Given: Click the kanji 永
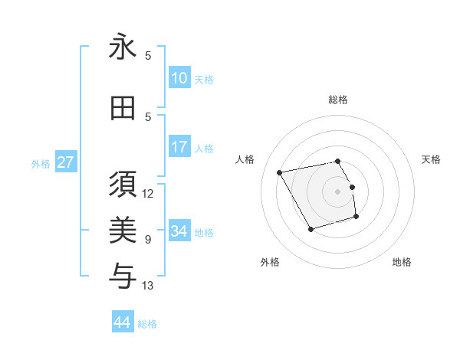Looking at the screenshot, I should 123,47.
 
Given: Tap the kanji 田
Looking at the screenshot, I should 123,109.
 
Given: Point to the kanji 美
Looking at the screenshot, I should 123,229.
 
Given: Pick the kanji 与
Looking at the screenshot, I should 123,273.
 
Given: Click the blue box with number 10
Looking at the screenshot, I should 179,78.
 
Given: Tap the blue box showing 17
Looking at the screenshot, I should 179,147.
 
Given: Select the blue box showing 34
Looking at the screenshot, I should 179,231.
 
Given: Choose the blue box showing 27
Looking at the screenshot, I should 66,162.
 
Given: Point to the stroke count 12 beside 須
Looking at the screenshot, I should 148,194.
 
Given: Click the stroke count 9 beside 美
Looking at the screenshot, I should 148,240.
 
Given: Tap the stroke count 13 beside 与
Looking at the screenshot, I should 148,286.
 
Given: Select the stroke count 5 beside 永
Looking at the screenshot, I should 148,56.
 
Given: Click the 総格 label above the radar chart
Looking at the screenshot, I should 338,100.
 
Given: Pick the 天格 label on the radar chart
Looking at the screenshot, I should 431,159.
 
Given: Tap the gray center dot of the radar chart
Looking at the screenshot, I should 338,191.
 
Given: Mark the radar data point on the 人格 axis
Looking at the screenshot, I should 280,172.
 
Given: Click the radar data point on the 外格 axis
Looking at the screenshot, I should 310,229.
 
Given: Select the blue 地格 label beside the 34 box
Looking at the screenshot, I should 204,232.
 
